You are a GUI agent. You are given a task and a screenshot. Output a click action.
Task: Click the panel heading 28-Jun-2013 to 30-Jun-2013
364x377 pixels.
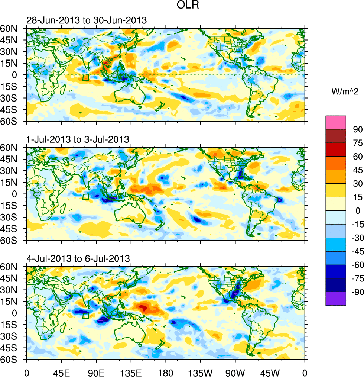87,20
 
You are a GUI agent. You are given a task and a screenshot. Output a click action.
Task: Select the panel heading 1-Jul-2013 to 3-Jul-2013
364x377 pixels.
78,139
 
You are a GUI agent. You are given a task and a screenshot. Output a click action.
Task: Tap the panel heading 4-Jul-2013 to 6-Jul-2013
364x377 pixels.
78,258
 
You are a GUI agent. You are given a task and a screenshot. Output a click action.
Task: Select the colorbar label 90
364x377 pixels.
357,129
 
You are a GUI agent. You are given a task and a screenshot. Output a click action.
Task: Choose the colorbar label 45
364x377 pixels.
357,170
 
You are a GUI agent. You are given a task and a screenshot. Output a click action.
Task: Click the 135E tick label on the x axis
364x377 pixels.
131,372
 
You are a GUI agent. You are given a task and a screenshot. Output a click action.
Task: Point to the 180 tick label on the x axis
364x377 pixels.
166,372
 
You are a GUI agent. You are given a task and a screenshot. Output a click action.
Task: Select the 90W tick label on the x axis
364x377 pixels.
235,372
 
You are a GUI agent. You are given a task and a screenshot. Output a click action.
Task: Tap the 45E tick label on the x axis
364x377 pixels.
61,372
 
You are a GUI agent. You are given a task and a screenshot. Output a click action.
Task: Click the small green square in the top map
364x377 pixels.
86,77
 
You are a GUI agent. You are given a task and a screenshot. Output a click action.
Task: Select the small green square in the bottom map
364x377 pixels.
86,316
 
